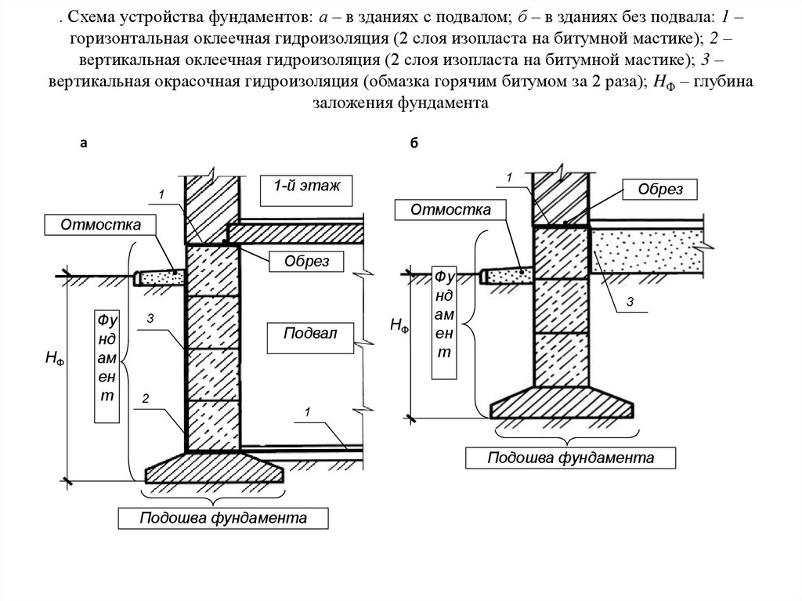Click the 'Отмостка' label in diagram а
(x=101, y=225)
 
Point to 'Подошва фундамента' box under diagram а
(x=222, y=519)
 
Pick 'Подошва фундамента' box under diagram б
(x=570, y=458)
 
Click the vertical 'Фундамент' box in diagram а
(x=107, y=357)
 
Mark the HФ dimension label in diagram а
(x=55, y=358)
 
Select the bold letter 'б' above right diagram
(x=414, y=143)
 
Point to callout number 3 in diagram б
(x=629, y=301)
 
